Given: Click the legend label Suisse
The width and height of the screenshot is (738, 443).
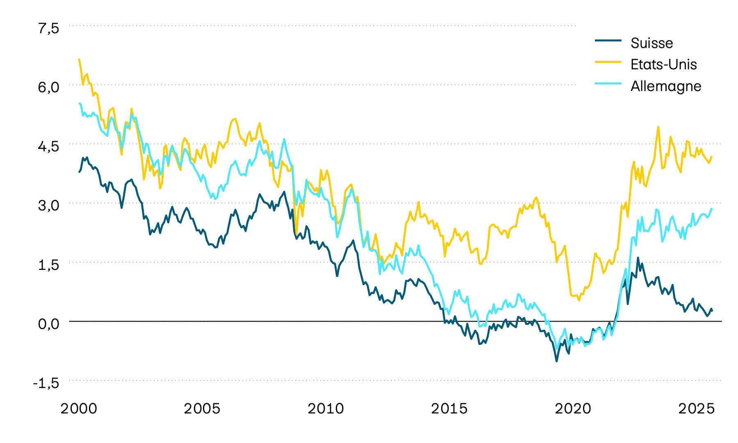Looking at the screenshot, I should (x=651, y=43).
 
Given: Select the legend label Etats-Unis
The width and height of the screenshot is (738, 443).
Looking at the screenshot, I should (x=663, y=64).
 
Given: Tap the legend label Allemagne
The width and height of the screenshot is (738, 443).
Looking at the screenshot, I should (x=665, y=86).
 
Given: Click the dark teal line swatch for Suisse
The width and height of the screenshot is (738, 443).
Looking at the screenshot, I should (x=608, y=40).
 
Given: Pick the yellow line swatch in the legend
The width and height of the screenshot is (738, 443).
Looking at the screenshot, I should (x=608, y=62).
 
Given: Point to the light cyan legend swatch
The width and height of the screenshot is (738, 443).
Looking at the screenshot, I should (x=608, y=83).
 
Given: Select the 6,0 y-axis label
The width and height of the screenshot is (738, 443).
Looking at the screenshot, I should (x=49, y=87).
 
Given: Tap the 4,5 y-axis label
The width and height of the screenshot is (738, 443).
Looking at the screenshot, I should (x=49, y=146).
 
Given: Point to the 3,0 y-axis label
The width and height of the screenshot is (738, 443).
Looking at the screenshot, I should (x=49, y=205).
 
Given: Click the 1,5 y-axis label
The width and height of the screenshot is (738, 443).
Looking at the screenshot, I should (x=49, y=265).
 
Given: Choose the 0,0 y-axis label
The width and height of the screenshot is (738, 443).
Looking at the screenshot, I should (x=49, y=324).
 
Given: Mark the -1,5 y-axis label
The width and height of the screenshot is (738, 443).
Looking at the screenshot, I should (x=46, y=383).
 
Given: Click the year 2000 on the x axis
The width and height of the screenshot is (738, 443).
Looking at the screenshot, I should (x=79, y=409).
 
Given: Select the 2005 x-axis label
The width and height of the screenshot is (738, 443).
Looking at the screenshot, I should (x=202, y=409).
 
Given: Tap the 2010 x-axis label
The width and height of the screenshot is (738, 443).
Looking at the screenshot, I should (x=326, y=409).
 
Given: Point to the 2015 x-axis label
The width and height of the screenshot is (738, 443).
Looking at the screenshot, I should (x=449, y=409).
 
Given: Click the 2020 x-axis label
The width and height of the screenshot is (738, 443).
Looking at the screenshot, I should (x=573, y=409).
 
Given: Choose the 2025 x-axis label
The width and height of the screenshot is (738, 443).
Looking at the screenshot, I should (x=696, y=409).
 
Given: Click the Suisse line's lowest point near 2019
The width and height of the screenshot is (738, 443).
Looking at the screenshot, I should (x=556, y=361).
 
